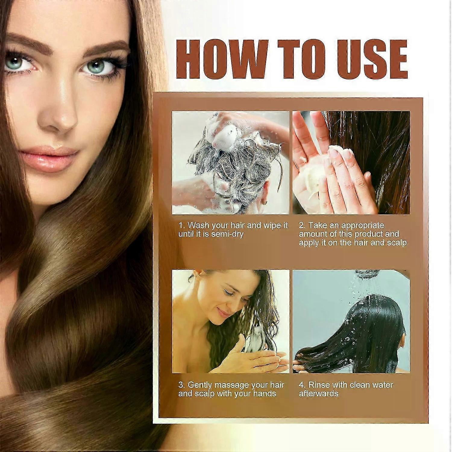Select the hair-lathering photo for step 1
231,163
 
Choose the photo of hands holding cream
351,163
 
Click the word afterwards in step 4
319,394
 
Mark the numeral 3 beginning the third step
181,385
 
